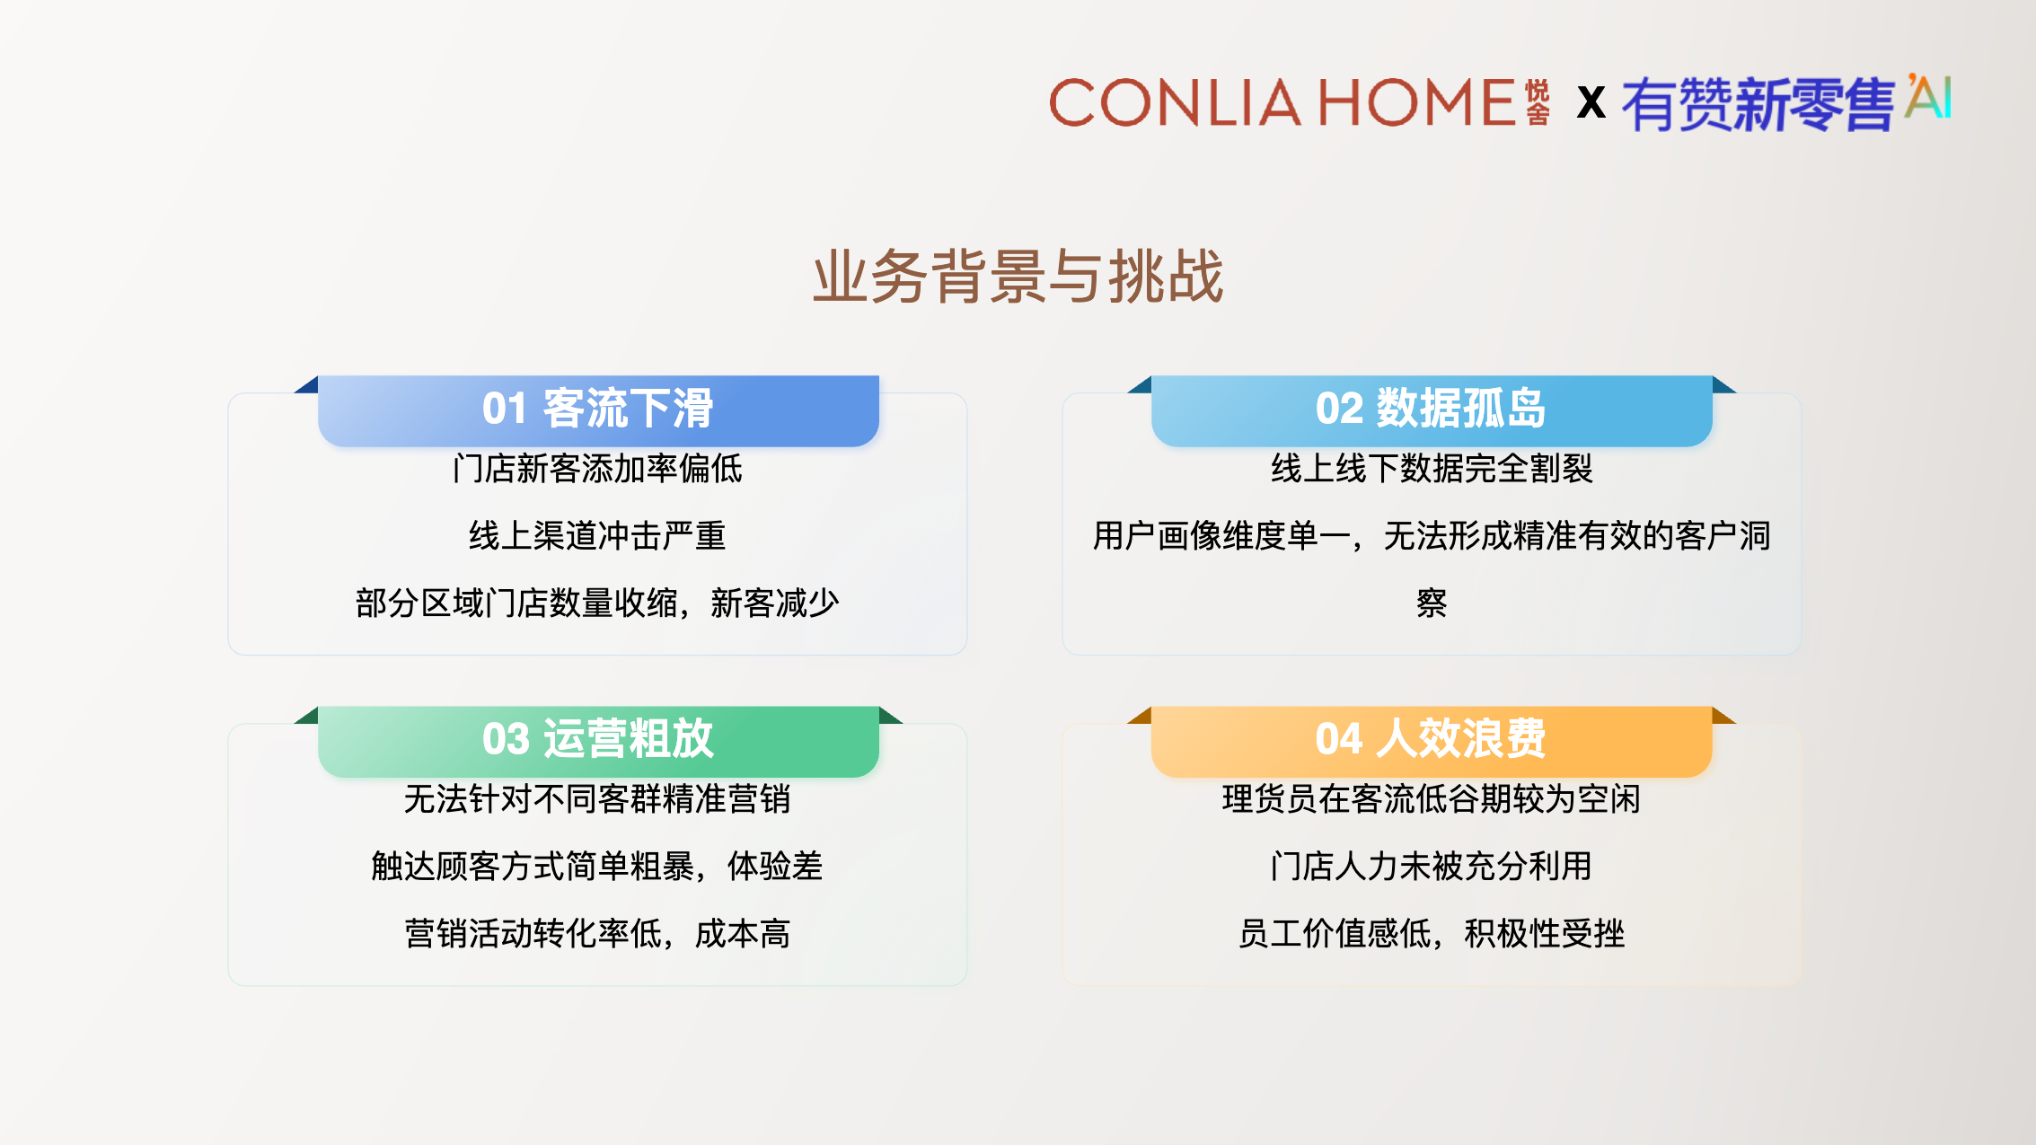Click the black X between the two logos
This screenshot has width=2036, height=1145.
(x=1591, y=102)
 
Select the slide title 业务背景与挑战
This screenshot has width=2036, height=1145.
(x=1018, y=276)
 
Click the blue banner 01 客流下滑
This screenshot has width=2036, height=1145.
(x=598, y=410)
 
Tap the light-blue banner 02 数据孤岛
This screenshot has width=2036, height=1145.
(x=1432, y=410)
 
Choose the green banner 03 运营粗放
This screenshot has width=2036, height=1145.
(x=598, y=741)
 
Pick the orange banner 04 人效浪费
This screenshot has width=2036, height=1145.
(x=1432, y=741)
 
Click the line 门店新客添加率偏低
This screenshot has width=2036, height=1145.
(x=597, y=469)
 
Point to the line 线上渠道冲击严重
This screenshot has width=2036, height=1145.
(x=597, y=536)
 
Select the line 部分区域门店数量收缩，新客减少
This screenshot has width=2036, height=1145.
(x=597, y=603)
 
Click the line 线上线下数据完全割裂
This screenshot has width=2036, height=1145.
(x=1432, y=469)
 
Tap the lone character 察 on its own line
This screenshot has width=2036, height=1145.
(x=1432, y=603)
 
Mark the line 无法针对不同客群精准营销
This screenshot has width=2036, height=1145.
(x=597, y=799)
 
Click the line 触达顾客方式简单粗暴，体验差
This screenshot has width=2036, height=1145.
(x=597, y=867)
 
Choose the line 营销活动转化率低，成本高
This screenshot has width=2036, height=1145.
(x=597, y=934)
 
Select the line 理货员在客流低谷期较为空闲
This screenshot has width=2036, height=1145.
(x=1432, y=799)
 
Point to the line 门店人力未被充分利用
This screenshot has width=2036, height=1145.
(x=1432, y=867)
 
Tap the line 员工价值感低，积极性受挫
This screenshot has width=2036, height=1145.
(x=1432, y=934)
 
